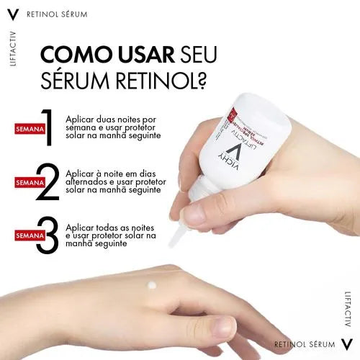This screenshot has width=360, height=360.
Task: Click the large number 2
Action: pyautogui.click(x=48, y=183)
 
